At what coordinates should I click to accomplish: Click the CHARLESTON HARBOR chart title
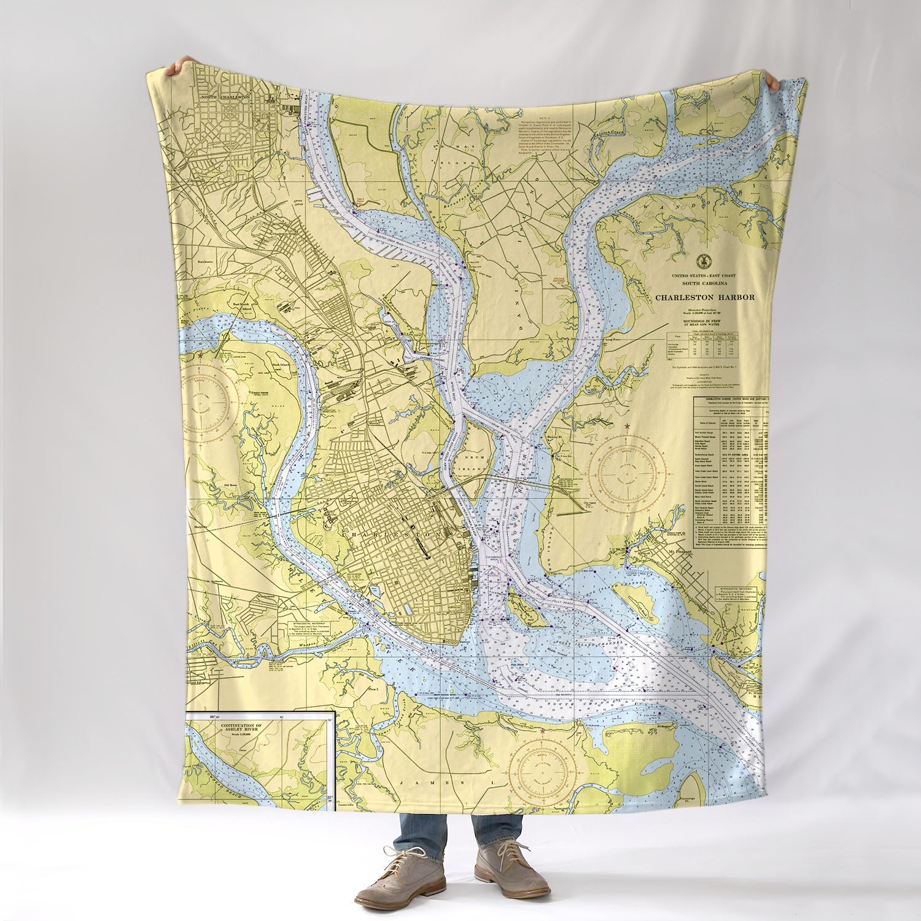point(704,297)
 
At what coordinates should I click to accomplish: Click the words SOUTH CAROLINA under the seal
point(704,283)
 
